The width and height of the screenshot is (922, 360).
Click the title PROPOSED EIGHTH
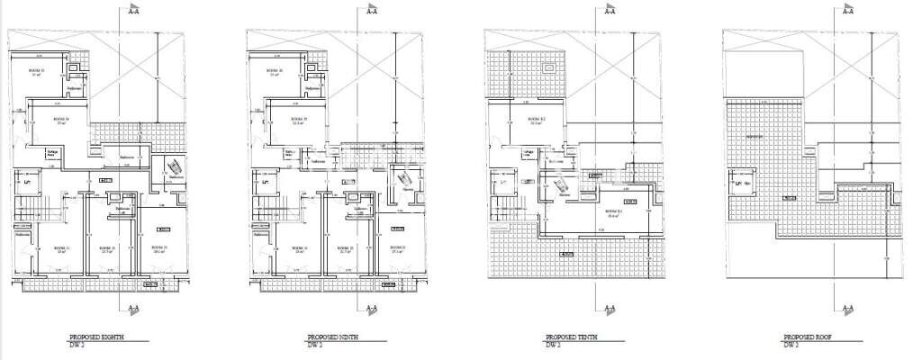tap(95, 337)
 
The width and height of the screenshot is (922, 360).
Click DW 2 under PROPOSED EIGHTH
tap(77, 345)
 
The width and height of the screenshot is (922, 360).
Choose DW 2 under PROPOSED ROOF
tap(791, 345)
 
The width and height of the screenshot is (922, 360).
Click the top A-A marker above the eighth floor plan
tap(132, 13)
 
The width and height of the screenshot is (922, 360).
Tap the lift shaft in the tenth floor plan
tap(501, 184)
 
